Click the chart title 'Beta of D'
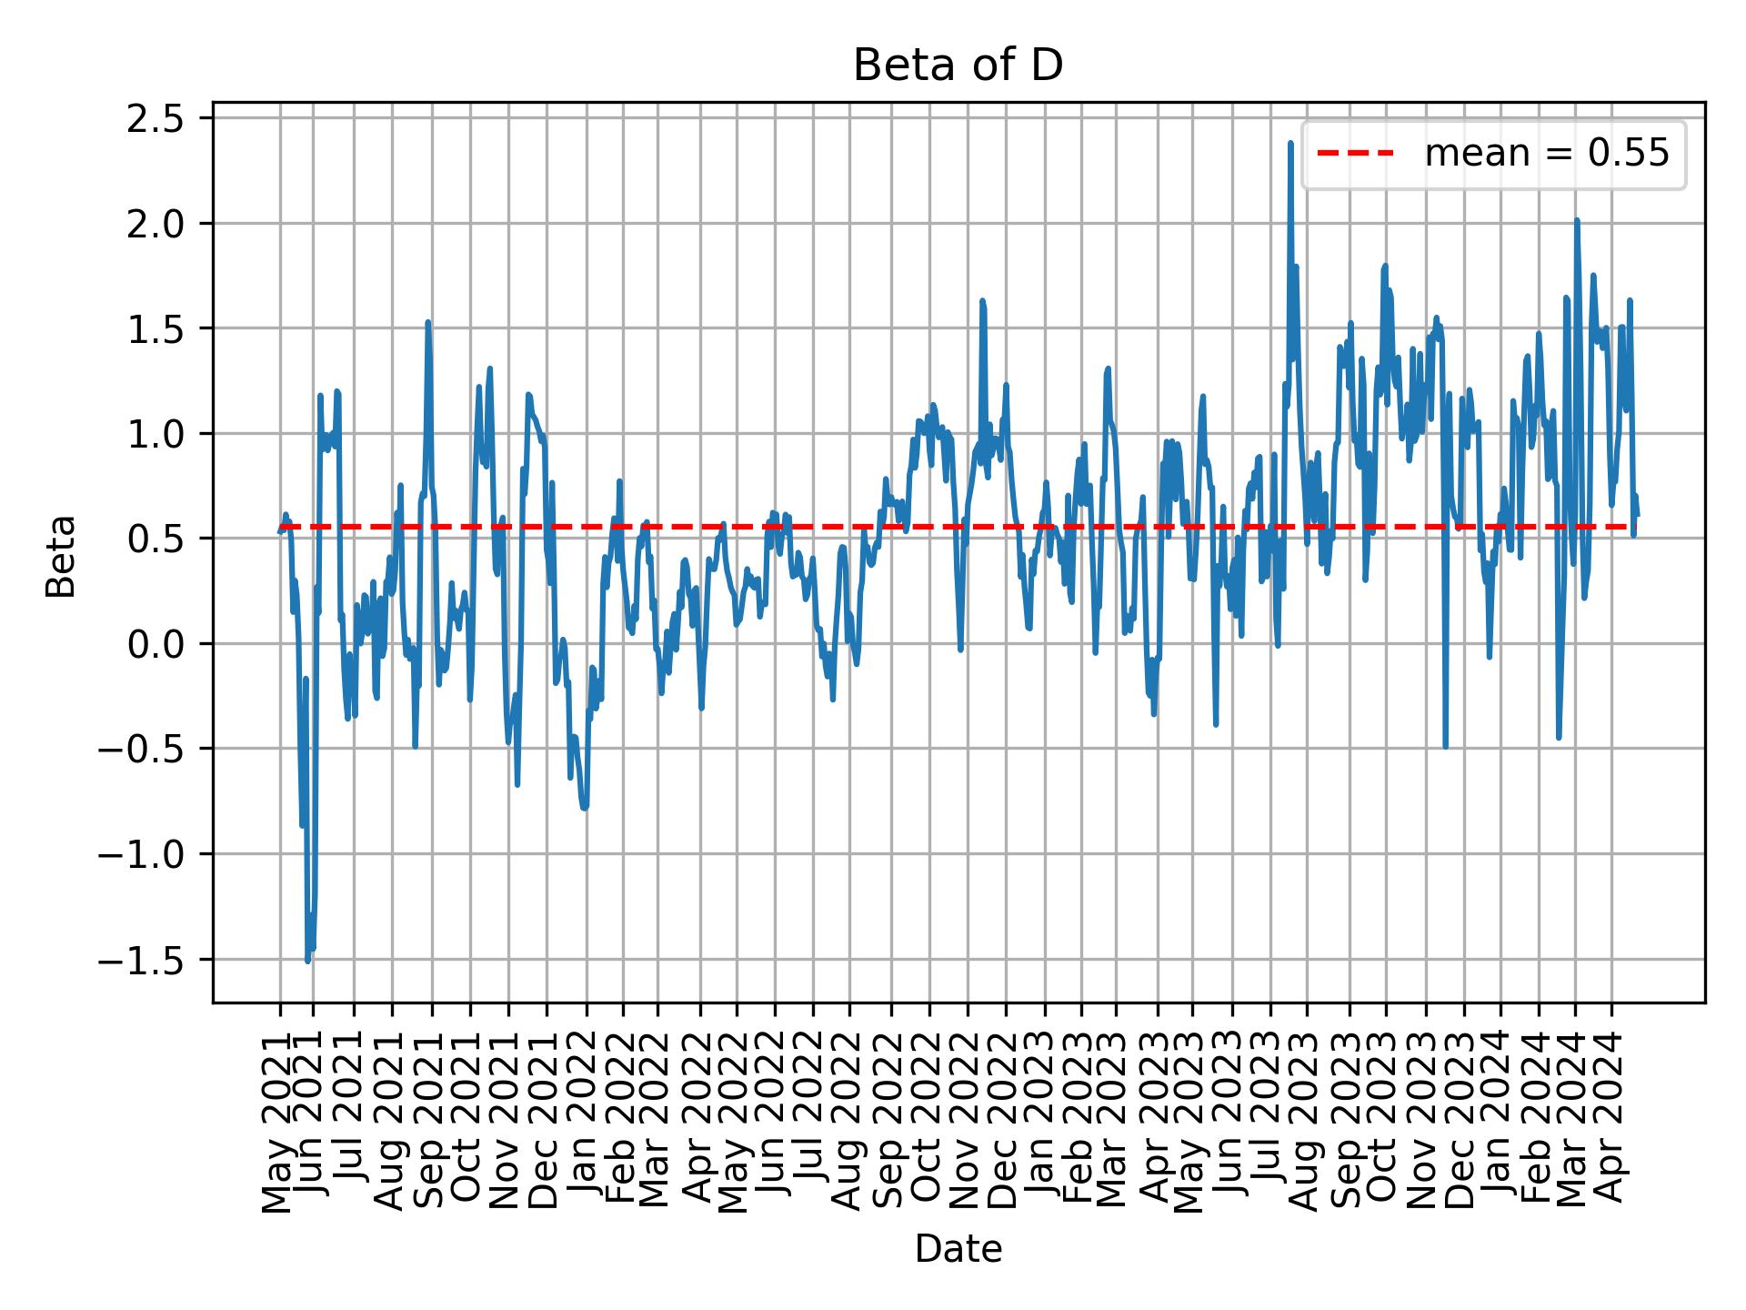pyautogui.click(x=958, y=66)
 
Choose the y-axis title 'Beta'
pyautogui.click(x=62, y=556)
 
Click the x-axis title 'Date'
pyautogui.click(x=958, y=1250)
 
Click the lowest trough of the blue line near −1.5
pyautogui.click(x=308, y=960)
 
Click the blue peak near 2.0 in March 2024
pyautogui.click(x=1577, y=220)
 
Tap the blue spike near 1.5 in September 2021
pyautogui.click(x=427, y=322)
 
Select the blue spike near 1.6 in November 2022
pyautogui.click(x=982, y=300)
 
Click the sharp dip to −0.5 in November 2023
pyautogui.click(x=1445, y=747)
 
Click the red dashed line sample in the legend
pyautogui.click(x=1355, y=155)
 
